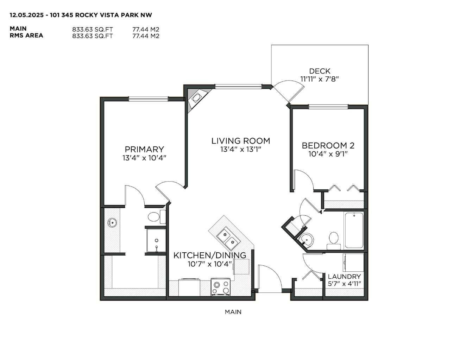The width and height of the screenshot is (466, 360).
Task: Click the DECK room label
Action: pyautogui.click(x=320, y=71)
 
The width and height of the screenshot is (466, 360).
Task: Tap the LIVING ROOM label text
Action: pyautogui.click(x=241, y=141)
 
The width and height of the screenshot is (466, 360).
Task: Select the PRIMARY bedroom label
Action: pyautogui.click(x=144, y=149)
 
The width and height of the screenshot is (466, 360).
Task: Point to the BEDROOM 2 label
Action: pyautogui.click(x=328, y=145)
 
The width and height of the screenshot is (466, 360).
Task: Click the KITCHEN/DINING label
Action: pyautogui.click(x=210, y=255)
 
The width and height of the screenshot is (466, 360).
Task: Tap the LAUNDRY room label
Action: pyautogui.click(x=344, y=277)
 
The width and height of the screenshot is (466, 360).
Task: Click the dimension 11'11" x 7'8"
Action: pyautogui.click(x=319, y=79)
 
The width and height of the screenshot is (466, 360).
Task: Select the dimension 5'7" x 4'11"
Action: pyautogui.click(x=344, y=284)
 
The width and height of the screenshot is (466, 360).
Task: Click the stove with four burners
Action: pyautogui.click(x=221, y=287)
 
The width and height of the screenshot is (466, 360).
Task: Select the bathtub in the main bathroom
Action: pyautogui.click(x=354, y=230)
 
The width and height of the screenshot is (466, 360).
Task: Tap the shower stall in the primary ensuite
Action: pyautogui.click(x=156, y=240)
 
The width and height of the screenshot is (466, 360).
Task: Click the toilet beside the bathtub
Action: pyautogui.click(x=333, y=238)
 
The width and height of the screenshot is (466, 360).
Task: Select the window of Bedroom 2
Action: pyautogui.click(x=328, y=106)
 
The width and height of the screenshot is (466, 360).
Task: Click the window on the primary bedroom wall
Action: pyautogui.click(x=148, y=99)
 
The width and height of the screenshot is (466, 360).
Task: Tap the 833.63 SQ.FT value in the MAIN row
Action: pyautogui.click(x=93, y=30)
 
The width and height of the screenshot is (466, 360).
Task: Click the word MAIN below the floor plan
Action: pyautogui.click(x=233, y=312)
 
